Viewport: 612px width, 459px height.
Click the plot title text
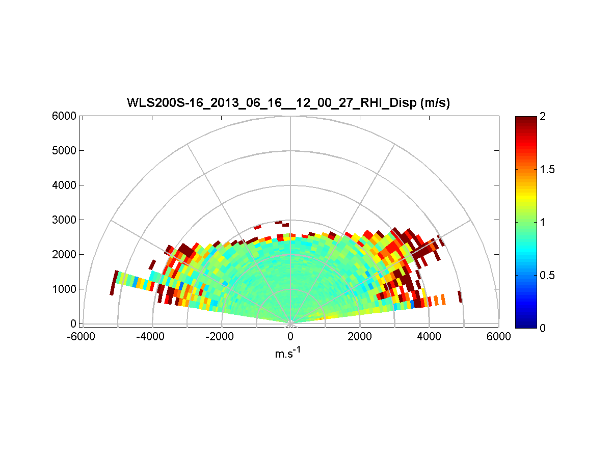[288, 103]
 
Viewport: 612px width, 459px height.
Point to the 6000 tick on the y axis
[64, 116]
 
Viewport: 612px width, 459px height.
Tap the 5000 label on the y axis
[64, 151]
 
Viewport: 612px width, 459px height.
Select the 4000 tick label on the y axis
[64, 185]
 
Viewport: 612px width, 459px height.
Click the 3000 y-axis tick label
[64, 220]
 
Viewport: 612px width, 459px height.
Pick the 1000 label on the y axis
[64, 289]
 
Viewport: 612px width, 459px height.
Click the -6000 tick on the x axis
[83, 336]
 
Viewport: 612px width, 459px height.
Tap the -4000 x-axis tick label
[152, 336]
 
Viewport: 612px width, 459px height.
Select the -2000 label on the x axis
[221, 336]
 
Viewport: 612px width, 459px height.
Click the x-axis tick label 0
[290, 336]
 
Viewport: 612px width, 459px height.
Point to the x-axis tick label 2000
[360, 336]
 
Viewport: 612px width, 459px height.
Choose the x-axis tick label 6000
[498, 336]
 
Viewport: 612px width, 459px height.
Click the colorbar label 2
[543, 117]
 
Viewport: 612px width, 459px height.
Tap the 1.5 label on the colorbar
[547, 170]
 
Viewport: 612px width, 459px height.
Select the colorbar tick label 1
[543, 222]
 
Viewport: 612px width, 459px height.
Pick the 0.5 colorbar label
[547, 275]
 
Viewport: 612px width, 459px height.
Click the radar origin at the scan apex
[290, 323]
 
